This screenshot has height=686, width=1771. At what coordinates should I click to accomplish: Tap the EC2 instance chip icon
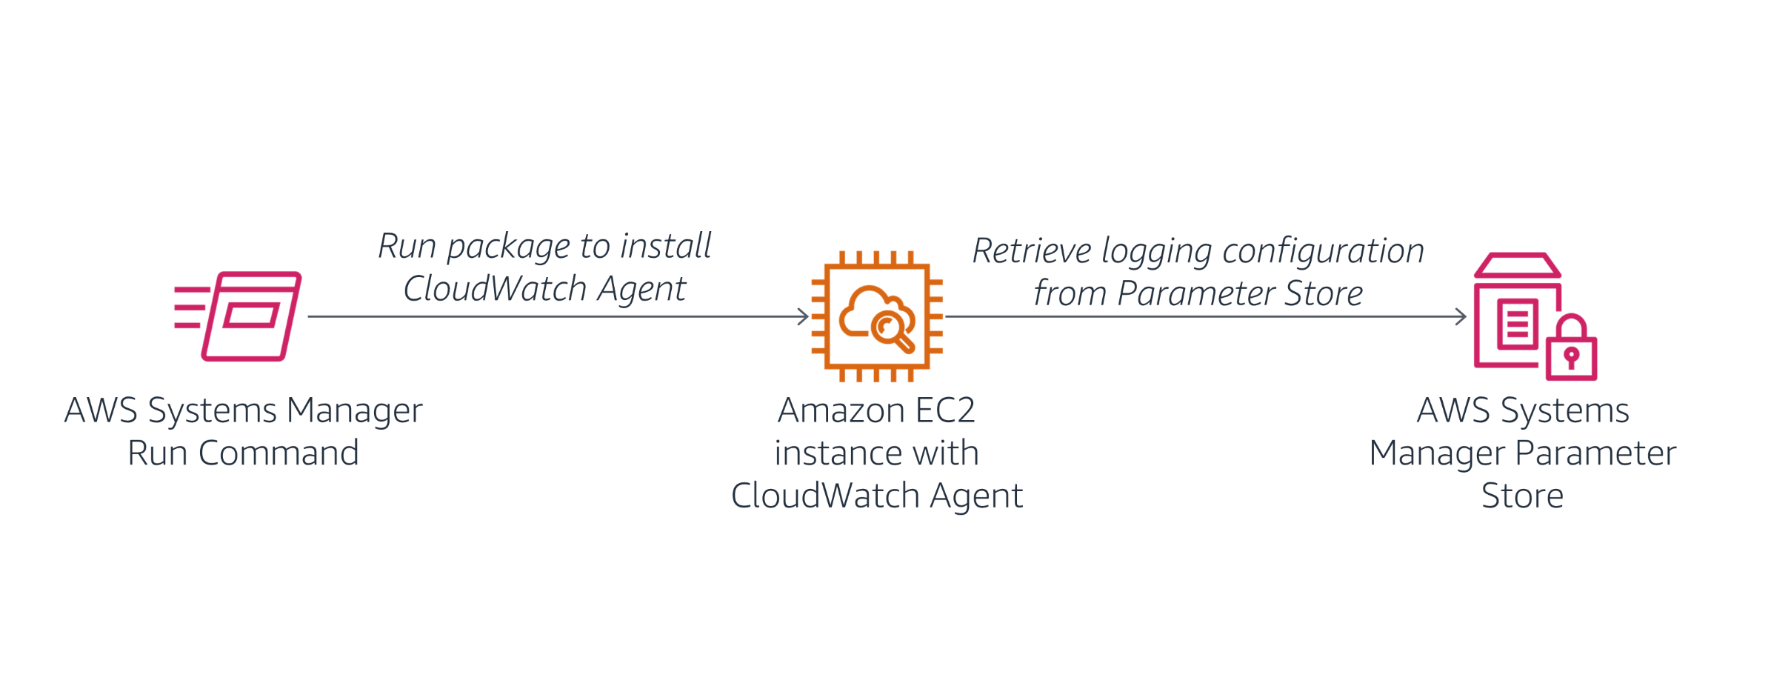(x=877, y=316)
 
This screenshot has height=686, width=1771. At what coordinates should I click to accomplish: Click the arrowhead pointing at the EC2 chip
(x=803, y=316)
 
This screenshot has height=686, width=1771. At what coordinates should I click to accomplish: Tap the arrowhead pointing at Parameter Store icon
(x=1461, y=316)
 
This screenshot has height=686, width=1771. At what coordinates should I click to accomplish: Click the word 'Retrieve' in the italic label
(x=1030, y=250)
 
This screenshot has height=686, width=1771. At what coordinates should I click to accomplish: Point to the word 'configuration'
(x=1322, y=252)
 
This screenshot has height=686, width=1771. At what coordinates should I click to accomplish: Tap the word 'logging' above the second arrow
(x=1156, y=252)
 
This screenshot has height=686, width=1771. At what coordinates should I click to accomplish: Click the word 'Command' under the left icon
(x=279, y=453)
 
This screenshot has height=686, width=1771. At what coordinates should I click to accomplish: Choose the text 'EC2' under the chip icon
(x=945, y=410)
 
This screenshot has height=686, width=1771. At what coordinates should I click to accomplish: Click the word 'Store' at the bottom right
(x=1521, y=496)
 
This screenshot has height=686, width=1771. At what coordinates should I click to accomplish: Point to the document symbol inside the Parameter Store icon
(x=1517, y=324)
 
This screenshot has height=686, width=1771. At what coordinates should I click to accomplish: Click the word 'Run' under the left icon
(x=156, y=453)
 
